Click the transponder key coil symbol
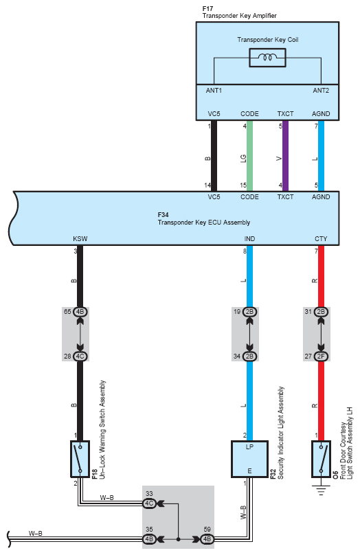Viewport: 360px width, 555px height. [x=267, y=57]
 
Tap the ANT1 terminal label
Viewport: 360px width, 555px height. [x=214, y=91]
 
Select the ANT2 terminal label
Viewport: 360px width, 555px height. [x=321, y=91]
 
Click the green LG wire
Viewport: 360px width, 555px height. [x=249, y=156]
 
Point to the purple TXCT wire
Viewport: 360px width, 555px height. [x=285, y=156]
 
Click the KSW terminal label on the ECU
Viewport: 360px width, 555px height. [x=80, y=239]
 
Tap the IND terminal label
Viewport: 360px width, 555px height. [x=249, y=239]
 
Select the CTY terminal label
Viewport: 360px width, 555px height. [x=321, y=239]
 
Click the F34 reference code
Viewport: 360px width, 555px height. [x=164, y=215]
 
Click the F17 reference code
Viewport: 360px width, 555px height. [x=207, y=8]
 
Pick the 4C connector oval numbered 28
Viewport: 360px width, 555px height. [x=80, y=356]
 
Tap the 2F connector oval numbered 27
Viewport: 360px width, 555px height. [x=321, y=356]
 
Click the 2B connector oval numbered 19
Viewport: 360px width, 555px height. [x=249, y=312]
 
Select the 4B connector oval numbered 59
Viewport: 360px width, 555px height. [x=207, y=539]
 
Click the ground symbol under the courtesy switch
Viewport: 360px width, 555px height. [x=321, y=490]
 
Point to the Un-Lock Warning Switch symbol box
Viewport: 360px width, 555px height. [x=80, y=459]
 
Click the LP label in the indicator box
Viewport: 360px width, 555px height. [x=249, y=447]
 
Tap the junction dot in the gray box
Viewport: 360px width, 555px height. [x=178, y=539]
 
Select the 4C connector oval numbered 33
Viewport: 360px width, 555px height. [x=149, y=503]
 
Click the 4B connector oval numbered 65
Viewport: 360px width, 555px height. [x=80, y=312]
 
